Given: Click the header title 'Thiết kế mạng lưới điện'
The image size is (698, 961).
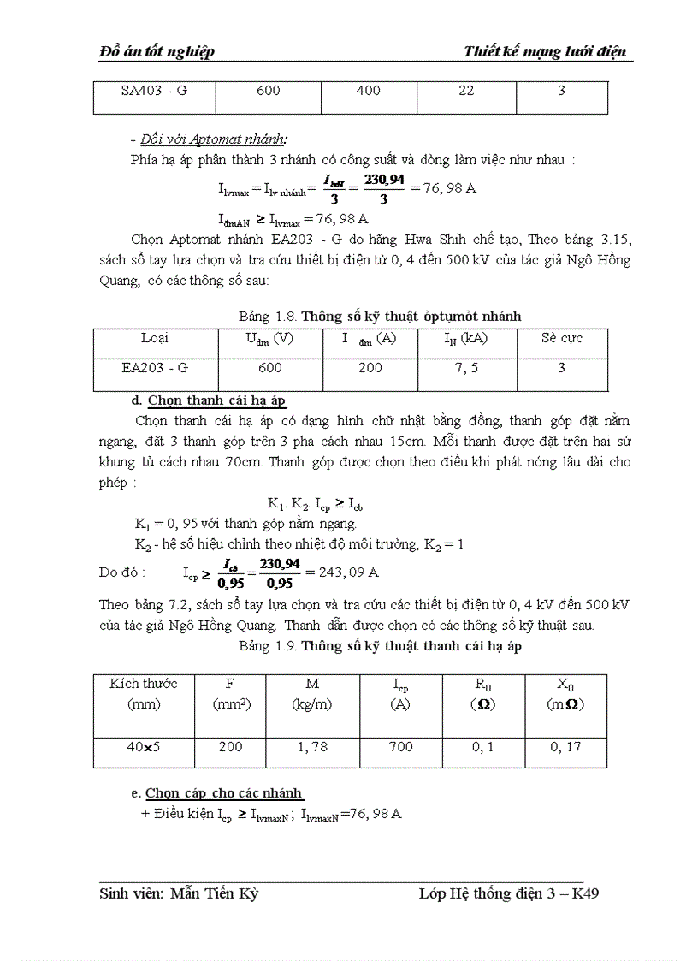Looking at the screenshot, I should point(546,51).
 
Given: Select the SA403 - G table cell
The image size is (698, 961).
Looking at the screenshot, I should point(154,91).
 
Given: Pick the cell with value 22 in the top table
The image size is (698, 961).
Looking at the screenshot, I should point(465,91).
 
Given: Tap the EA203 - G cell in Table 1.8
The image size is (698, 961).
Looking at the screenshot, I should point(155,368).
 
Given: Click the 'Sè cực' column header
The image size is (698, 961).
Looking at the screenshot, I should point(562,338).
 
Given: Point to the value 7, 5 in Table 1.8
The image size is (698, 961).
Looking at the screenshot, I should point(465,368).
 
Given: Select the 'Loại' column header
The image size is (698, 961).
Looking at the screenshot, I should point(155,338).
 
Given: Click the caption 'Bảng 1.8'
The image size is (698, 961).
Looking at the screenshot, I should point(268,317).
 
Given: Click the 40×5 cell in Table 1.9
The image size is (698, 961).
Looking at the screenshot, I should point(143,747).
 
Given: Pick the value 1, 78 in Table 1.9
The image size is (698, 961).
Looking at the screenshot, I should point(312,747).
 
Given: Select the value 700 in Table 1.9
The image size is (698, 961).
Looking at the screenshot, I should point(400,747).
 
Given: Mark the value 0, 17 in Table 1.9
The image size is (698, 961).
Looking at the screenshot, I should point(565,747).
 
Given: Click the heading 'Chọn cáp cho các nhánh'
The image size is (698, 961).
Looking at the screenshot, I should point(224,792).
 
